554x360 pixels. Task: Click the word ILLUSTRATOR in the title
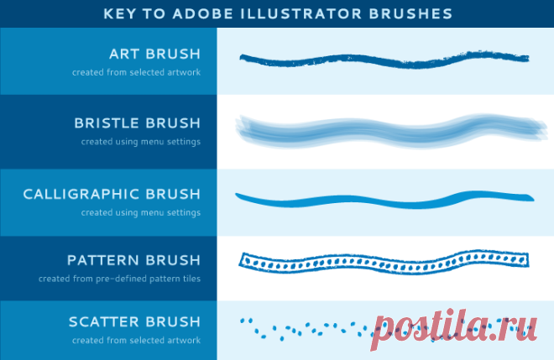pos(301,13)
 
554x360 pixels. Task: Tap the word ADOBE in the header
pos(203,13)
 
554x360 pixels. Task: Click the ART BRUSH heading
pos(154,54)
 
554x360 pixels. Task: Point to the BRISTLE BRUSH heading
pos(138,123)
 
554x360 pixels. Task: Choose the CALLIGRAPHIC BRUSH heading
pos(112,194)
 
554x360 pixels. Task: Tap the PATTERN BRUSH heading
pos(134,260)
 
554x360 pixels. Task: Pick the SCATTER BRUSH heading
pos(134,322)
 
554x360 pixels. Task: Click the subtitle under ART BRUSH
pos(136,72)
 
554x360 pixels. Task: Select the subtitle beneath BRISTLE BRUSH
pos(141,142)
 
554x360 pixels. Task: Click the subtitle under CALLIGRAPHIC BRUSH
pos(141,212)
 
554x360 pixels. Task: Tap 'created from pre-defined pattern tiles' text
pos(119,279)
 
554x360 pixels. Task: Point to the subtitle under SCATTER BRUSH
pos(136,340)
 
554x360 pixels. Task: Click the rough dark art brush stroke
pos(384,60)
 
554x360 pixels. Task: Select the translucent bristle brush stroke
pos(391,132)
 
